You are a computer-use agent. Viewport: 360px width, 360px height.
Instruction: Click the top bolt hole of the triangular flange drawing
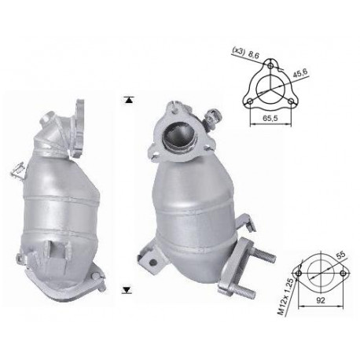pos(273,65)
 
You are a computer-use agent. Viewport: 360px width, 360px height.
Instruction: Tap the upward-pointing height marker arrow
pos(127,99)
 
